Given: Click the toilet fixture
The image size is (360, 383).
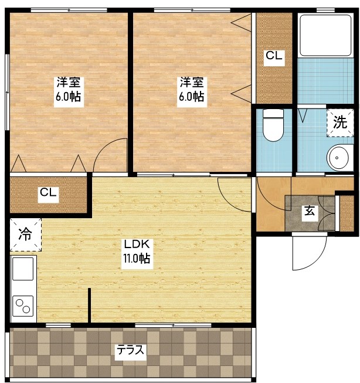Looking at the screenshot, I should click(271, 126).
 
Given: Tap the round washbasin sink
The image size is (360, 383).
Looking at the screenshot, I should click(337, 157).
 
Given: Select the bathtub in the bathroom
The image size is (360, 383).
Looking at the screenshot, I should click(324, 34).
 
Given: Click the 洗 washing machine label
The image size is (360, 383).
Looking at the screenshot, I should click(340, 123).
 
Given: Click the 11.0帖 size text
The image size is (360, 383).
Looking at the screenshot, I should click(136, 259).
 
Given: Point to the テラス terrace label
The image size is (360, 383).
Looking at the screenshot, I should click(130, 350).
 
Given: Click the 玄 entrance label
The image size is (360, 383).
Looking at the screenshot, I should click(309, 212).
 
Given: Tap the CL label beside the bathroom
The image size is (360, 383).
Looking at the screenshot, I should click(274, 56).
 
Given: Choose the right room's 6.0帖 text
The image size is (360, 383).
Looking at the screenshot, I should click(191, 97).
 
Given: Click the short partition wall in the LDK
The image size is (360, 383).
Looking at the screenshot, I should click(89, 306).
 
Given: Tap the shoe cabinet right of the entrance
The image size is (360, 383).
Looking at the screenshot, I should click(347, 212).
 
